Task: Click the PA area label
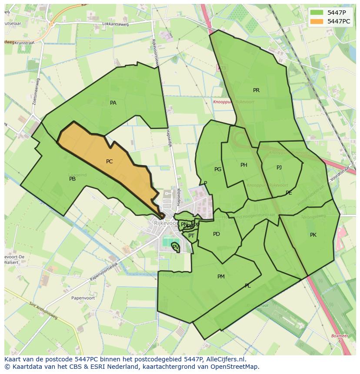click(113, 103)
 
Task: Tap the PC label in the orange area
click(109, 162)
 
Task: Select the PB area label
click(72, 179)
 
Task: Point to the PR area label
click(256, 90)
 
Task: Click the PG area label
click(218, 169)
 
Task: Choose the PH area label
click(243, 165)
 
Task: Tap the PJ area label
click(279, 168)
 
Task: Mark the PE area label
click(289, 193)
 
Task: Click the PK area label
click(313, 235)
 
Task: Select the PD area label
click(216, 234)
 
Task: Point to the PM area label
click(221, 277)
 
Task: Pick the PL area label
click(247, 286)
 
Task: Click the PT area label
click(191, 236)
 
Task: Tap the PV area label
click(175, 247)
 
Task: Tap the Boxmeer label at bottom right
click(339, 336)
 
